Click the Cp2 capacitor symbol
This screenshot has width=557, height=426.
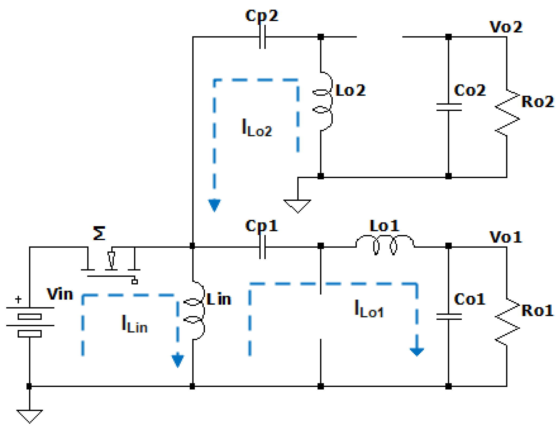click(262, 37)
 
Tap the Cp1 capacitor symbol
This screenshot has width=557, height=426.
click(262, 247)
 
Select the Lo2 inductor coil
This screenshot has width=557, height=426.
click(325, 102)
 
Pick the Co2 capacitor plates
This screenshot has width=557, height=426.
click(449, 107)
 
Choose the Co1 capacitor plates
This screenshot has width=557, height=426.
click(449, 317)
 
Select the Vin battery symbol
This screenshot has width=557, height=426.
click(30, 322)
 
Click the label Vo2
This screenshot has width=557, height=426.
click(506, 27)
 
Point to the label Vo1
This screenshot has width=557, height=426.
click(506, 237)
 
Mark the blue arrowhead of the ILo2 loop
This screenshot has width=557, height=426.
click(214, 205)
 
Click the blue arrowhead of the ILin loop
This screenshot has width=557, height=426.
click(178, 360)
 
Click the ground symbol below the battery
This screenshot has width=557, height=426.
click(30, 415)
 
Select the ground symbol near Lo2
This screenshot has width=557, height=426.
click(297, 206)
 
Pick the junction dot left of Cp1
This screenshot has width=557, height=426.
click(192, 246)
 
